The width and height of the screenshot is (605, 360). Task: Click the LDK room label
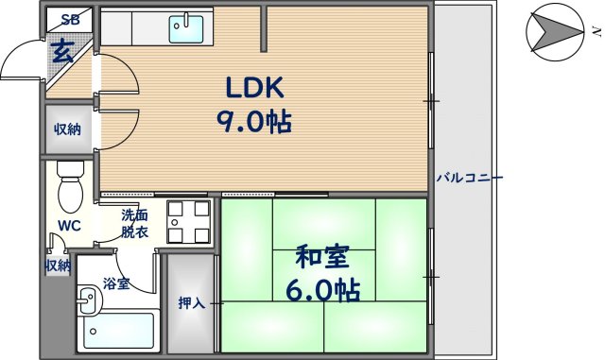pyautogui.click(x=253, y=87)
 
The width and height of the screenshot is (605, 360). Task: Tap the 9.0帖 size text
pyautogui.click(x=253, y=122)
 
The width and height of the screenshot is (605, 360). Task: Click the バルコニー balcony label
pyautogui.click(x=469, y=178)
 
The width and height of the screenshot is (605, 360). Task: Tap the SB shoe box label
pyautogui.click(x=70, y=19)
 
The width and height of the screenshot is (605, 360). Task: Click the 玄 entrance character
pyautogui.click(x=62, y=51)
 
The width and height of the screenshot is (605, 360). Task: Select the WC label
pyautogui.click(x=68, y=225)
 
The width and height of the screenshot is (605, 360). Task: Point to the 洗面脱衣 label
pyautogui.click(x=134, y=223)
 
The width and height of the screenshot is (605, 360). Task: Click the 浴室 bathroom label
pyautogui.click(x=116, y=283)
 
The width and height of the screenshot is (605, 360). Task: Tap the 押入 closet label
pyautogui.click(x=192, y=303)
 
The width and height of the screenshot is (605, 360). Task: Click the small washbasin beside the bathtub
pyautogui.click(x=87, y=304)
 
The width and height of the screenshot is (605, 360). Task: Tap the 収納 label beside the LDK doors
pyautogui.click(x=66, y=129)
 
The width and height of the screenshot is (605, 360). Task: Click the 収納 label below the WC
pyautogui.click(x=58, y=266)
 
